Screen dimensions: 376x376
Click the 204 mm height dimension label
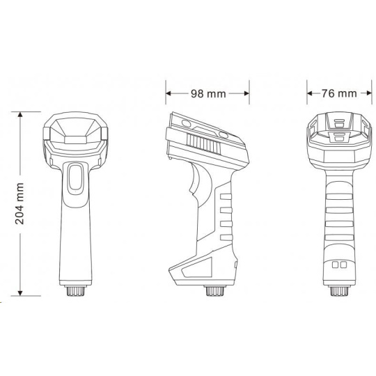(19, 203)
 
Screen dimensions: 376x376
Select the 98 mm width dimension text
(208, 94)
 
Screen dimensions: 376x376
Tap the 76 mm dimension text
(339, 93)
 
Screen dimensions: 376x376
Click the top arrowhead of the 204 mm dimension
(20, 114)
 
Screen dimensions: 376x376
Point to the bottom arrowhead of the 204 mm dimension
(20, 293)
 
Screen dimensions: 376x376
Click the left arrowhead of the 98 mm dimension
(169, 93)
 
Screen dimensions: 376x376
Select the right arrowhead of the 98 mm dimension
(246, 93)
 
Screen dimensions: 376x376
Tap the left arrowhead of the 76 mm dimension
(310, 93)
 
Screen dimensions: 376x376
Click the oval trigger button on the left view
(75, 179)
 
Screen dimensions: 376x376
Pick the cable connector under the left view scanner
(75, 291)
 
